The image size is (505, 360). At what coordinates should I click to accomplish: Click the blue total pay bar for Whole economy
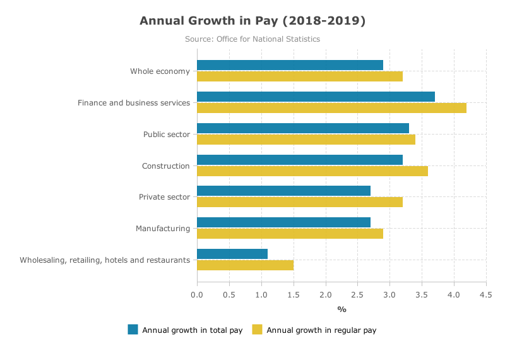pos(290,65)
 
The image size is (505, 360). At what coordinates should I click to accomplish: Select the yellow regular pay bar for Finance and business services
pos(332,108)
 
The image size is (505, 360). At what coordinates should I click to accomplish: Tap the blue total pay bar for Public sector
pos(303,128)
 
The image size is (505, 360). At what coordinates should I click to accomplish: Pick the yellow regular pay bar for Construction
pos(312,171)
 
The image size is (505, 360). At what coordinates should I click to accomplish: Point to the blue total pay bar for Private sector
pos(283,191)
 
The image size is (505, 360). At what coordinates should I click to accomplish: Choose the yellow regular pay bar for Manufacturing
pos(290,234)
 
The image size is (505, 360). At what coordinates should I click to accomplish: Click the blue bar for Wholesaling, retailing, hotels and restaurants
pos(232,254)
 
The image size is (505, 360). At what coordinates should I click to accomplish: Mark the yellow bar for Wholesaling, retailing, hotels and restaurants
pos(245,265)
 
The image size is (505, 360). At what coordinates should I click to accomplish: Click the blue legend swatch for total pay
pos(133,330)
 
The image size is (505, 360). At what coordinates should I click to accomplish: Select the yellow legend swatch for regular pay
pos(257,330)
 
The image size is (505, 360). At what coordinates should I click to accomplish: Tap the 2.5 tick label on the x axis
pos(357,295)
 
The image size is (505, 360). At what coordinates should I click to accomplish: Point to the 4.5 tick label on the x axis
pos(486,295)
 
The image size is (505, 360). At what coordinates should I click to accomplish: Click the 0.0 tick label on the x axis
pos(197,295)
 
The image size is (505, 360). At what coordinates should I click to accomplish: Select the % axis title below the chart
pos(342,309)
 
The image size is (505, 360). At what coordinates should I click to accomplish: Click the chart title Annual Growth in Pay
pos(252,21)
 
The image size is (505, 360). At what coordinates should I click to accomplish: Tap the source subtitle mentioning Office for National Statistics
pos(252,39)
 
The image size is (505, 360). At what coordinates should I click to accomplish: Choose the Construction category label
pos(166,166)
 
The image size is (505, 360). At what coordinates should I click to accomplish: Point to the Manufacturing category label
pos(163,229)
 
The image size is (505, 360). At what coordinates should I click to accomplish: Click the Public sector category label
pos(167,135)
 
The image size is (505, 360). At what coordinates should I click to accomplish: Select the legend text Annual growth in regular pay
pos(321,330)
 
